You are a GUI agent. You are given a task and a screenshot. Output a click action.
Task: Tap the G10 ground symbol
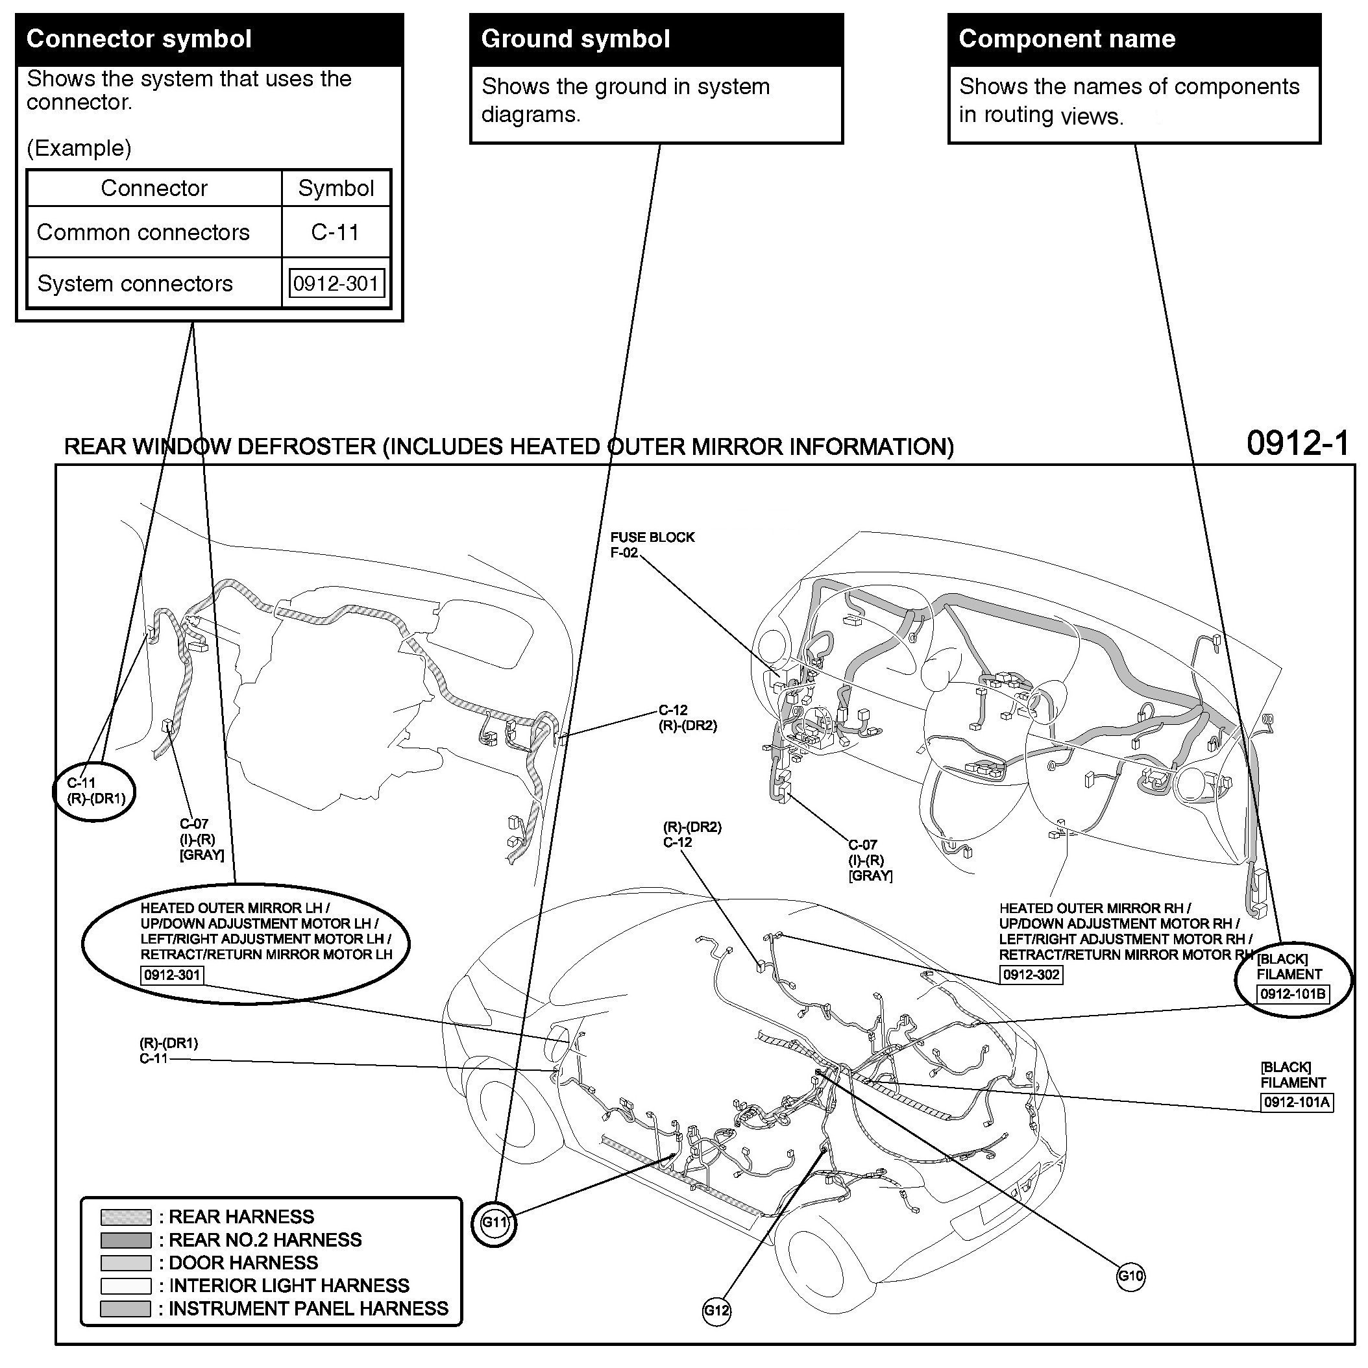(x=1130, y=1275)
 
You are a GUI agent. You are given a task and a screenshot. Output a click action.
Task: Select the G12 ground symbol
(x=716, y=1310)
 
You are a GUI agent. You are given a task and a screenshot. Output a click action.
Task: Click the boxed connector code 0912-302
(x=1031, y=974)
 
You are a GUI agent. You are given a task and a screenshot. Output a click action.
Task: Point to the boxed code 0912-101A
(x=1297, y=1102)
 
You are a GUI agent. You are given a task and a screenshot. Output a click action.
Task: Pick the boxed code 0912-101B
(x=1293, y=994)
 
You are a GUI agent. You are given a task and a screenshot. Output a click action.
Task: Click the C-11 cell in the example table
(x=336, y=232)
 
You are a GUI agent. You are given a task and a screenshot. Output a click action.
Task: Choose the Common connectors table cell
(x=143, y=232)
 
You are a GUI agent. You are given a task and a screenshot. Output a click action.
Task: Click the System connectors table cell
(x=134, y=283)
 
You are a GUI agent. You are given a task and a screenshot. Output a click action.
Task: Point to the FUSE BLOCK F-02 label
(x=652, y=544)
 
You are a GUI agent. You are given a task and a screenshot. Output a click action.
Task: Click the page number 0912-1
(x=1297, y=443)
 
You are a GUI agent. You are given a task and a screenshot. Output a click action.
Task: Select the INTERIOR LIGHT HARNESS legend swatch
(x=126, y=1285)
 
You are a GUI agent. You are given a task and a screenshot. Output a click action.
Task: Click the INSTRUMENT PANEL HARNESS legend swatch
(x=126, y=1308)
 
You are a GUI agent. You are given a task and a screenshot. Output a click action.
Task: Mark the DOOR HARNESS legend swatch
(x=126, y=1262)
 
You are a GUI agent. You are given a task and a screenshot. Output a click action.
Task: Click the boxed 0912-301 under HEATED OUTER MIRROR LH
(x=173, y=975)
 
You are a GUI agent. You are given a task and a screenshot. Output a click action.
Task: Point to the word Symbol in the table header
(x=336, y=188)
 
